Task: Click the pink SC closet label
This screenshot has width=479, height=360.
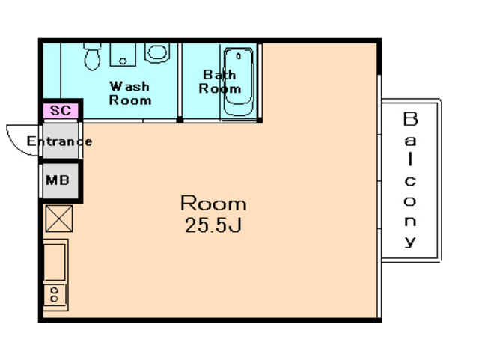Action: coord(61,110)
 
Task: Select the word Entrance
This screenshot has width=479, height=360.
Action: coord(59,141)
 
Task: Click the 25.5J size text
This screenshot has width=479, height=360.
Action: coord(213,225)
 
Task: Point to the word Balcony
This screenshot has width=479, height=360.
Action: coord(410,180)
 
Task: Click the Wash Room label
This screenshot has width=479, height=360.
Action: coord(129,94)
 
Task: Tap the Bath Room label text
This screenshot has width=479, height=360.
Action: coord(219,82)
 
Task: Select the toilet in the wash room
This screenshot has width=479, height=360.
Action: coord(92,57)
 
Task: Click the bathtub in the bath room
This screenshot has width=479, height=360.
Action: coord(239,82)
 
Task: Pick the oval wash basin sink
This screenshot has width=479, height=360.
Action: coord(157,53)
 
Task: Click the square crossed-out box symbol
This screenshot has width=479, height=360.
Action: coord(59,219)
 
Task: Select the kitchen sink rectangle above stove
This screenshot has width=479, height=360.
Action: coord(55,262)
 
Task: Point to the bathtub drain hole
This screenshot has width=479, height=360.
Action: coord(239,56)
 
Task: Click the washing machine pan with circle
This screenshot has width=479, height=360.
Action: coord(123,55)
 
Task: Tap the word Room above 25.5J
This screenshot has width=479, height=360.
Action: coord(213,203)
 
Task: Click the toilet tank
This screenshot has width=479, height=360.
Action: coord(93,46)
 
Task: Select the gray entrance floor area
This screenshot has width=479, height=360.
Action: coord(60,141)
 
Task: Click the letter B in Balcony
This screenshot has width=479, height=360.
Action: coord(410,119)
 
